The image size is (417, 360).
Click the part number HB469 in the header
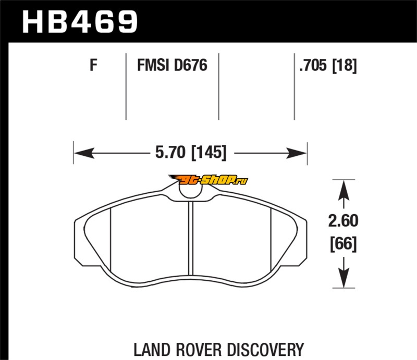[80, 21]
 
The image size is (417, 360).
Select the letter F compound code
[93, 66]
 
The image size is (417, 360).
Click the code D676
[190, 66]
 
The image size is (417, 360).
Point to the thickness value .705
[313, 66]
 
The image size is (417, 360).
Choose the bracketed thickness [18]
[344, 66]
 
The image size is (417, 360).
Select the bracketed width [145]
[208, 153]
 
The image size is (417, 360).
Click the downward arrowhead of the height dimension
[344, 280]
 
